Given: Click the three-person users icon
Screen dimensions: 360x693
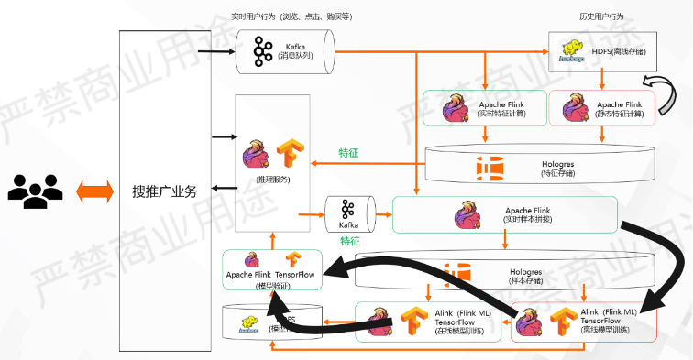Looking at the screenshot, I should [x=35, y=189].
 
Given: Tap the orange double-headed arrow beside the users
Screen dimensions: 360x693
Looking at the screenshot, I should [x=93, y=191].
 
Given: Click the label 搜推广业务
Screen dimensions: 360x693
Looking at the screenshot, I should [x=170, y=191].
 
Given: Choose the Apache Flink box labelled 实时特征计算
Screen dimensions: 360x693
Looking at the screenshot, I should [x=485, y=108].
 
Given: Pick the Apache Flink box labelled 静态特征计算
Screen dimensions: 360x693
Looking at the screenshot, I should [x=601, y=108].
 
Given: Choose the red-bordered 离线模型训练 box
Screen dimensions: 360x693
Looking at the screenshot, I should [x=582, y=322].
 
